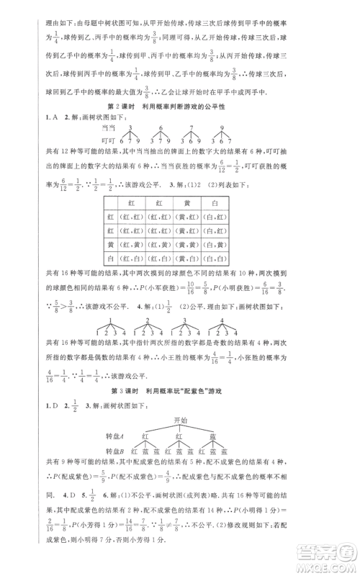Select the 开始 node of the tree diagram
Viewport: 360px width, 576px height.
(x=180, y=420)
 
